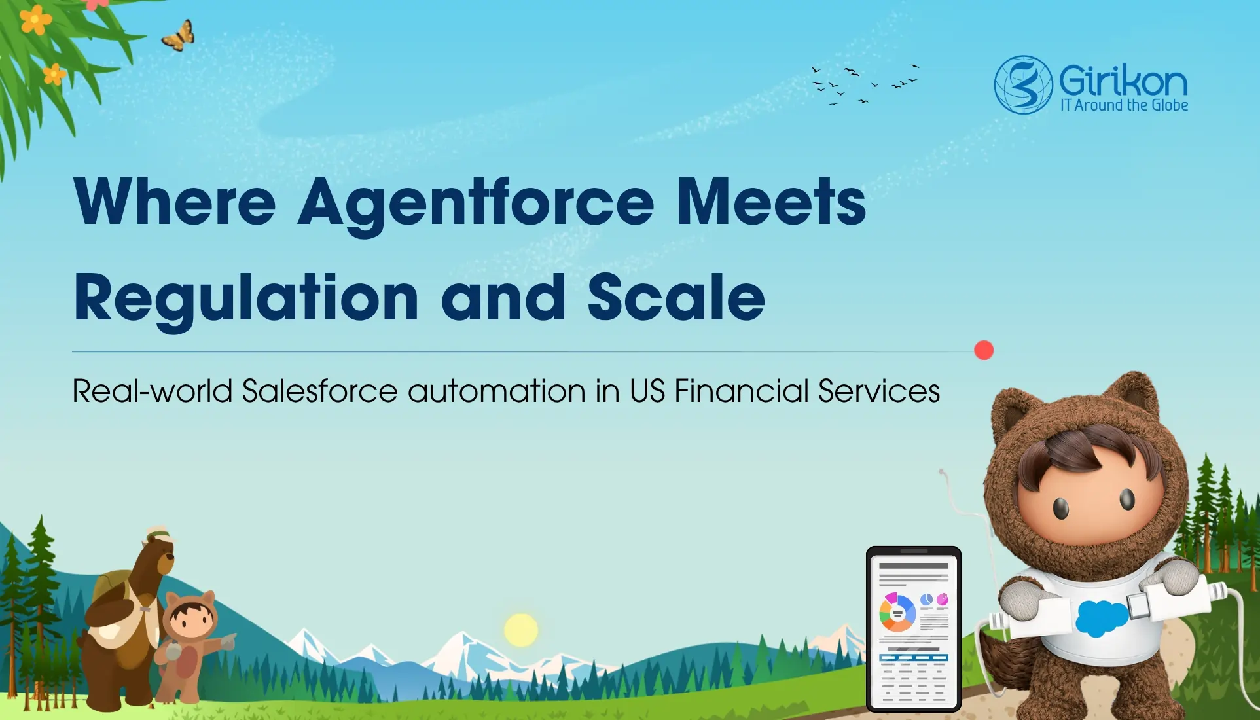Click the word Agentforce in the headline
tap(476, 203)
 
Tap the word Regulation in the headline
tap(245, 298)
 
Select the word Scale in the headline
tap(676, 298)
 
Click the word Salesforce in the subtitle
tap(319, 391)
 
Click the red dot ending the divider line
tap(983, 350)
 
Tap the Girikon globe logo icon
tap(1023, 84)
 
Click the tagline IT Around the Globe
tap(1124, 105)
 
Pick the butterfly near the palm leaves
tap(179, 36)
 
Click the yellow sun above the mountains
tap(521, 630)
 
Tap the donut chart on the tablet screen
tap(897, 613)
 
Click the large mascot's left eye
tap(1061, 507)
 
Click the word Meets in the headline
tap(771, 203)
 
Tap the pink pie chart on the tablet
tap(943, 599)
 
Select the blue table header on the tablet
tap(914, 657)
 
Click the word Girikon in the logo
tap(1123, 81)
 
